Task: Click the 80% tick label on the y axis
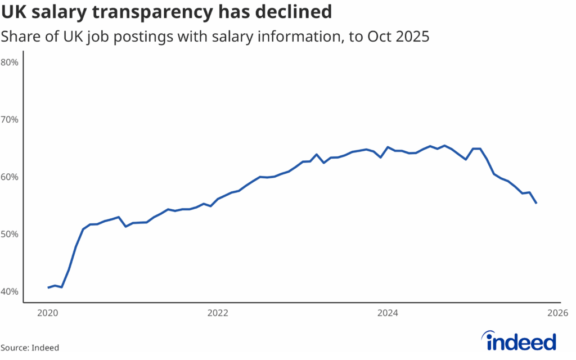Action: pos(10,62)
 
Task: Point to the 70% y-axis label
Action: pos(10,119)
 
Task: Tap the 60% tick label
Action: pos(10,177)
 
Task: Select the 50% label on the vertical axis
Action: pos(10,234)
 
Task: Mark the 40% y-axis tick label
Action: pos(10,291)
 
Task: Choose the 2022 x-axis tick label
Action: pos(217,312)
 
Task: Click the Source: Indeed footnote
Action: pos(30,348)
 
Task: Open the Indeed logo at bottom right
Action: pos(519,340)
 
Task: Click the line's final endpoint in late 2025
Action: pos(536,203)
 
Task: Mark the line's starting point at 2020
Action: pos(48,287)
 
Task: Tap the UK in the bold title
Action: pos(13,11)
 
